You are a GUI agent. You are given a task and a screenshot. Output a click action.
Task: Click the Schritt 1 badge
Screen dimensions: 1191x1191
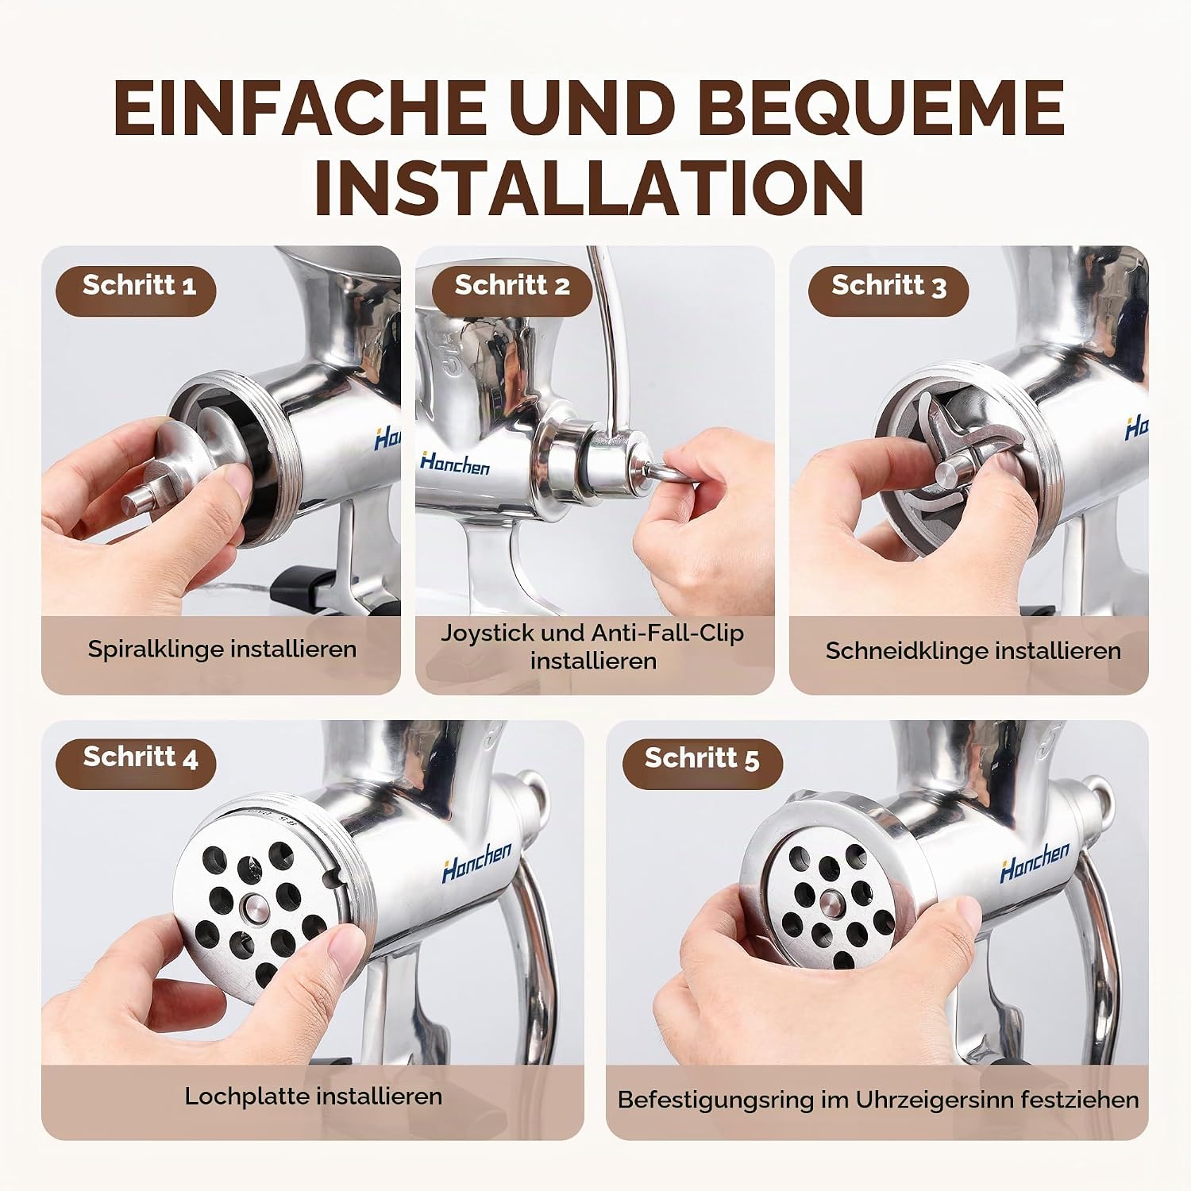tap(136, 286)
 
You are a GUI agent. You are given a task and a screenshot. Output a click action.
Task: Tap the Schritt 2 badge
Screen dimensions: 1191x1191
tap(512, 286)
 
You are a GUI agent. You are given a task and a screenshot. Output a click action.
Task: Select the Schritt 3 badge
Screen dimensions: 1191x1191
tap(888, 286)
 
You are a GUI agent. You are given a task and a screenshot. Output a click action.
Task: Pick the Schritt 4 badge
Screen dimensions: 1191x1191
tap(136, 758)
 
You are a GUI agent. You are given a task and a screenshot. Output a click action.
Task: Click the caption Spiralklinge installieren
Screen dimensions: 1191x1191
tap(222, 649)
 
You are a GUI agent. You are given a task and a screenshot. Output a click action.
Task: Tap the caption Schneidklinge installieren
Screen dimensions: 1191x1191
tap(973, 651)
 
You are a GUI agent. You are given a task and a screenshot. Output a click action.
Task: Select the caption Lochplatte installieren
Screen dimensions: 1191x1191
tap(314, 1097)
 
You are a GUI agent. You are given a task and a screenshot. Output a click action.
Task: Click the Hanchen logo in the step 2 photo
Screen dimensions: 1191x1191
tap(455, 463)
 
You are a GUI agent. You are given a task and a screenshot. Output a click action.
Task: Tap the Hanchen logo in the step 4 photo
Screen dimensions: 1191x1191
tap(477, 861)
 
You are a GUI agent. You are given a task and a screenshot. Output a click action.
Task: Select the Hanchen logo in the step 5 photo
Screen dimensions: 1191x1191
tap(1035, 861)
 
